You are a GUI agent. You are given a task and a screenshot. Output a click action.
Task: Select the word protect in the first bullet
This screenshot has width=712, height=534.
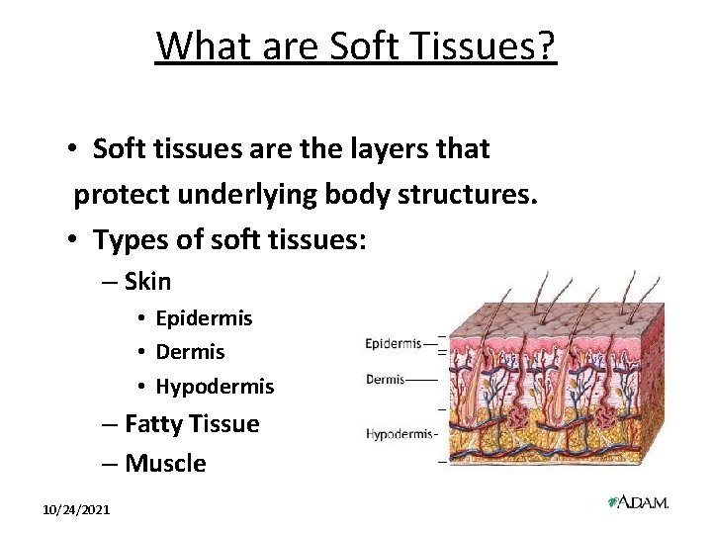coord(119,194)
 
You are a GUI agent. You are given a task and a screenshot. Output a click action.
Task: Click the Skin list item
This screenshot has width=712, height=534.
coord(147,282)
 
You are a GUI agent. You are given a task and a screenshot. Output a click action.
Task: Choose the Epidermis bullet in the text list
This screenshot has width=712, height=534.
coord(204,318)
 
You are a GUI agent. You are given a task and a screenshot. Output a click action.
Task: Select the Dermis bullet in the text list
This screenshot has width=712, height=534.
coord(190,352)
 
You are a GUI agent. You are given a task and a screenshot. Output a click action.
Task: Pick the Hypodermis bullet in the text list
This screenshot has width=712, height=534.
coord(215,386)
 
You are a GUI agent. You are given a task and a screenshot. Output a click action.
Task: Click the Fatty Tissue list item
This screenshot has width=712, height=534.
coord(192,424)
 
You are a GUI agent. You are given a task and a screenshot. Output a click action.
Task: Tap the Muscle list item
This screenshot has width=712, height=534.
coord(165,463)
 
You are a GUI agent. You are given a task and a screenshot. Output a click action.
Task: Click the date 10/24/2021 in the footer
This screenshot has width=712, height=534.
coord(76,508)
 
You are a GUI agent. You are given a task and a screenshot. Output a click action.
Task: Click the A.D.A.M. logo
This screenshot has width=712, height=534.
coord(638,502)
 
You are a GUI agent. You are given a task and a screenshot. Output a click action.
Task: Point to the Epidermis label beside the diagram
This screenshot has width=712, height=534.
coord(394,344)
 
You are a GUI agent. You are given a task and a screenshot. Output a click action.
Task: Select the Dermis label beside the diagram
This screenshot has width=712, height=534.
coord(385,379)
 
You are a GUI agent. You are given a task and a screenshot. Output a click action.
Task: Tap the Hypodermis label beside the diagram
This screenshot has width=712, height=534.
coord(400,433)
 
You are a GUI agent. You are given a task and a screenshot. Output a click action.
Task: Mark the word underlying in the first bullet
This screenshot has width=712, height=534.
coord(249,194)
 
